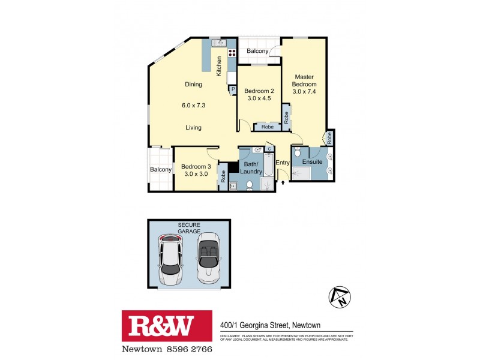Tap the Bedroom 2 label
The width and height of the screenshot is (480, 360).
pyautogui.click(x=259, y=95)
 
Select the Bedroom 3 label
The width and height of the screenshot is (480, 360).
pyautogui.click(x=196, y=170)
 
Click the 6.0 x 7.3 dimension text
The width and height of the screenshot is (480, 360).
pyautogui.click(x=193, y=106)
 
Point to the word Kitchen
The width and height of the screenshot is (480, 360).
pyautogui.click(x=220, y=65)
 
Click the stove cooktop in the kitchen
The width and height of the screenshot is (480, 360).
pyautogui.click(x=231, y=52)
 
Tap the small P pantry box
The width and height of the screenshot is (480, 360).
pyautogui.click(x=232, y=89)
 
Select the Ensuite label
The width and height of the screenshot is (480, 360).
pyautogui.click(x=312, y=162)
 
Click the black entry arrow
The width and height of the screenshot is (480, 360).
pyautogui.click(x=282, y=179)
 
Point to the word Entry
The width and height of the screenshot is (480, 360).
pyautogui.click(x=283, y=163)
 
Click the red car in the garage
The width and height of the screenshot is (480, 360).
pyautogui.click(x=171, y=259)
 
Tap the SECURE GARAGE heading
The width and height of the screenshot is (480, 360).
pyautogui.click(x=189, y=229)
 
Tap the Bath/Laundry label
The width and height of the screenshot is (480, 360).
pyautogui.click(x=251, y=167)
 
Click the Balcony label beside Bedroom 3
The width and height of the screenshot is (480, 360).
pyautogui.click(x=161, y=169)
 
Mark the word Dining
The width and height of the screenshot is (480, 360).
pyautogui.click(x=193, y=85)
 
